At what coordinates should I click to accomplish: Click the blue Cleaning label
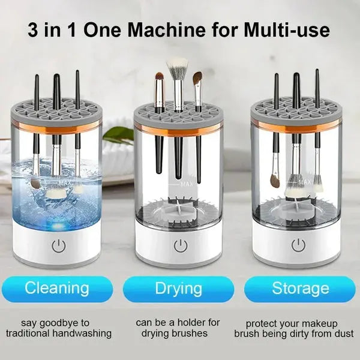tap(57, 287)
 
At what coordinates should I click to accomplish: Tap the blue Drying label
tap(178, 288)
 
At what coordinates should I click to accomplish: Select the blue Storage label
tap(300, 288)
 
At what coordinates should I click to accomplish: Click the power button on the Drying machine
tap(179, 245)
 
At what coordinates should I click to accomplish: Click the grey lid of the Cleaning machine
tap(56, 112)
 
